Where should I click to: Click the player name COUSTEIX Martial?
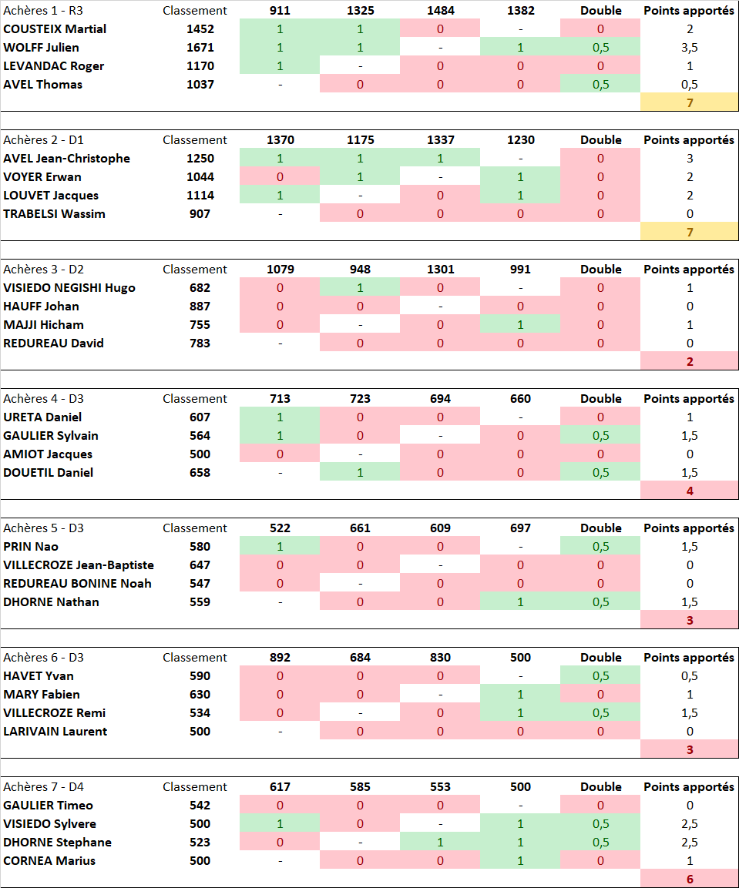[x=55, y=29]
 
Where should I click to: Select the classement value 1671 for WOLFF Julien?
[x=200, y=48]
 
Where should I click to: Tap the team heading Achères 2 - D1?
[x=43, y=140]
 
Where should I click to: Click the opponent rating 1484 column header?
[x=440, y=11]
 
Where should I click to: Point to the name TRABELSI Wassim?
[x=54, y=214]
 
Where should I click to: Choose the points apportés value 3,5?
[x=689, y=48]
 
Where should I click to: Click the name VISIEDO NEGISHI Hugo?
[x=69, y=288]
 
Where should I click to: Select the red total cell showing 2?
[x=689, y=361]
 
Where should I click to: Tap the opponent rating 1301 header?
[x=440, y=270]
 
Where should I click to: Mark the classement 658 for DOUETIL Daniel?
[x=200, y=473]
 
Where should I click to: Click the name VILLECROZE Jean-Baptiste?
[x=79, y=565]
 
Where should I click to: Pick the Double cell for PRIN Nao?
[x=600, y=547]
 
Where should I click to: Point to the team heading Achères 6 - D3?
[x=43, y=658]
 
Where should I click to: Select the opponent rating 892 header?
[x=280, y=658]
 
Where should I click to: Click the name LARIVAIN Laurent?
[x=55, y=732]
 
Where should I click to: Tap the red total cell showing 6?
[x=689, y=879]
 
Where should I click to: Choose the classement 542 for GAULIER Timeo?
[x=200, y=806]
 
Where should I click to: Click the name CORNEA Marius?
[x=49, y=861]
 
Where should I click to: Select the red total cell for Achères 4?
[x=689, y=491]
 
